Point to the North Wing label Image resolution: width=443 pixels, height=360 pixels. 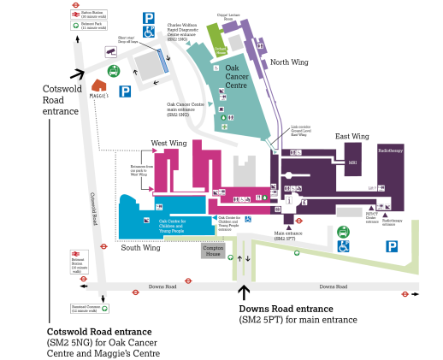coord(289,62)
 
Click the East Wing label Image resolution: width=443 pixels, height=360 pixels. coord(351,137)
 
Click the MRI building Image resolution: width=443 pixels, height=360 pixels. coord(351,162)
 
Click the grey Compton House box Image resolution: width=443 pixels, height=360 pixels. coord(213,251)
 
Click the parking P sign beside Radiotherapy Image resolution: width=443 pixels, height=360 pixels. coord(393,246)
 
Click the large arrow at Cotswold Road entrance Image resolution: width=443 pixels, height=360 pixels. coord(79,74)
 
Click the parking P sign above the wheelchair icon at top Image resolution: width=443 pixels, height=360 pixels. coord(149,17)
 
